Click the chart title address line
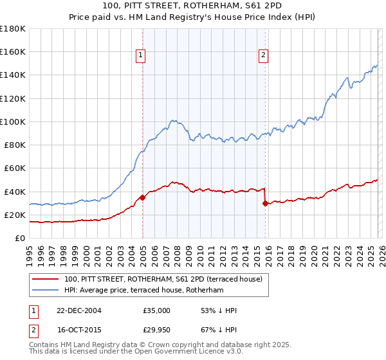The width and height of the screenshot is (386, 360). click(x=192, y=4)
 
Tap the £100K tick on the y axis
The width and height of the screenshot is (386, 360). click(x=13, y=122)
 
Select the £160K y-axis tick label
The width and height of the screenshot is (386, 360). click(x=13, y=51)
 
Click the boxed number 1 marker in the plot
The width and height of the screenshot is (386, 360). click(x=140, y=56)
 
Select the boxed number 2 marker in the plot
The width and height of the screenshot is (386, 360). click(x=263, y=56)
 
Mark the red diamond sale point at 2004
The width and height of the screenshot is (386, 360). click(x=142, y=197)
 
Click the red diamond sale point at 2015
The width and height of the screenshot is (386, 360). click(x=265, y=203)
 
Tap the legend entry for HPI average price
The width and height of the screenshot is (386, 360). click(x=143, y=291)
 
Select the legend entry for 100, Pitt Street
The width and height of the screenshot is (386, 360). click(x=163, y=280)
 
